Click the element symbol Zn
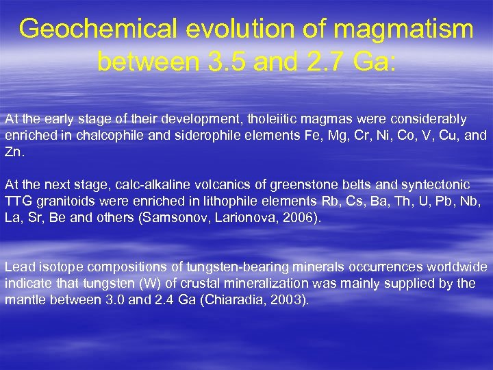point(13,152)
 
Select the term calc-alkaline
point(134,185)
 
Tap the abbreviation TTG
point(18,201)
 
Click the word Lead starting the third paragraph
point(19,267)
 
